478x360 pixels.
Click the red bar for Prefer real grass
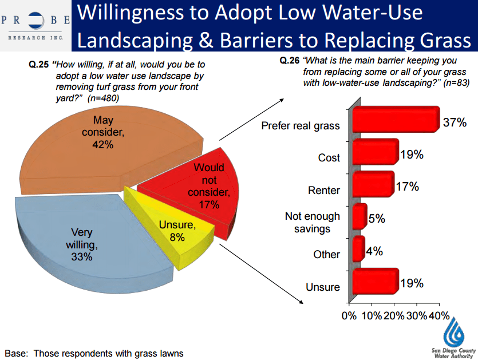395,120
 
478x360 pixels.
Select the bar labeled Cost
375,152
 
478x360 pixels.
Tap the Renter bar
373,184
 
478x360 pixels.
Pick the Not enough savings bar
359,216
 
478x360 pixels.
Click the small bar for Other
358,248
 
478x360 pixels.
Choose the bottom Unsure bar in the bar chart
375,281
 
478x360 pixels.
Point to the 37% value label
455,122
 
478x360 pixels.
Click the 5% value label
377,219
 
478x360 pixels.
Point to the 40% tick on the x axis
439,315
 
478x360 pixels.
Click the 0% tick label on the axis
349,315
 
